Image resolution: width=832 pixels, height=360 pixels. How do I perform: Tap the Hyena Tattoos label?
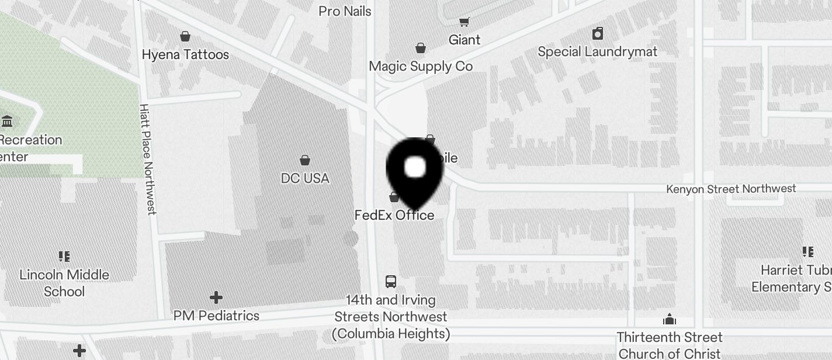(185, 54)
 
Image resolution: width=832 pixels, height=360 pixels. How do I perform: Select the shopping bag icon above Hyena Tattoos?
(185, 36)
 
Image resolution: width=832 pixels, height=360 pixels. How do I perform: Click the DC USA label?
(305, 178)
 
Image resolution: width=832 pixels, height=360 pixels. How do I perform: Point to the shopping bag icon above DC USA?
(305, 160)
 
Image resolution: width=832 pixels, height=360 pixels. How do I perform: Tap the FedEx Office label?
(394, 215)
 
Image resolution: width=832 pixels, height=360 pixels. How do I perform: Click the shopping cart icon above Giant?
(464, 22)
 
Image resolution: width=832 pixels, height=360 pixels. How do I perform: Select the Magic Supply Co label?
(421, 66)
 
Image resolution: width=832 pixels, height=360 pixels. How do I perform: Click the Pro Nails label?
(345, 11)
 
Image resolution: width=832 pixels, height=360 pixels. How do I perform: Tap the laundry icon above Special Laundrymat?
(598, 33)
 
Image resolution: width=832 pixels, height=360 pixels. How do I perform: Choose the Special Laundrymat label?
(598, 51)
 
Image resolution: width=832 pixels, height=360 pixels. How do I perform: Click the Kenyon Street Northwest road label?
(732, 189)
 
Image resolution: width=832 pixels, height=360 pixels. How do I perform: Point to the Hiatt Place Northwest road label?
(148, 159)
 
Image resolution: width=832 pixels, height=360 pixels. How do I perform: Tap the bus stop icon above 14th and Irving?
(391, 282)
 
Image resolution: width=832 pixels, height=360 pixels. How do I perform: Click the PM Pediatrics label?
(216, 316)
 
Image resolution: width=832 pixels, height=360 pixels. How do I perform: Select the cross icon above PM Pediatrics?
(216, 297)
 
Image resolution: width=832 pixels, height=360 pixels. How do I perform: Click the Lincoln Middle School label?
(64, 283)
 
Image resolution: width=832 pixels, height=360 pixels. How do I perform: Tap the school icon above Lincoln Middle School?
(64, 256)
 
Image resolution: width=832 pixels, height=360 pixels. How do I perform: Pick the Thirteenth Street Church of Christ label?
(670, 345)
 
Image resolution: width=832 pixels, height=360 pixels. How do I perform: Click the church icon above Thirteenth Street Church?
(670, 319)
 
